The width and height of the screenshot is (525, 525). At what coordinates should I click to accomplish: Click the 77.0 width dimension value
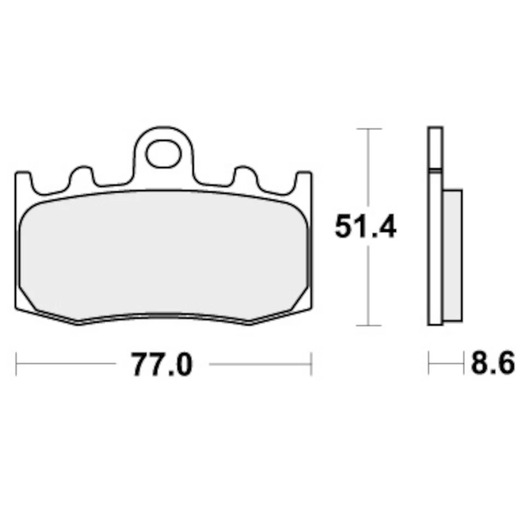click(x=162, y=364)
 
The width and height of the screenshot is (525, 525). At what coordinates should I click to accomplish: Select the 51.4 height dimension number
click(x=365, y=226)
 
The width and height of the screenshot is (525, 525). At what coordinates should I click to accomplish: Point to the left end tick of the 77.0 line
click(x=17, y=364)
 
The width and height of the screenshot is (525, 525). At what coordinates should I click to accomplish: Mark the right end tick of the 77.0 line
click(x=311, y=364)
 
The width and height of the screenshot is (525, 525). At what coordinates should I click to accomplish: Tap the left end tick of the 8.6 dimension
click(x=429, y=364)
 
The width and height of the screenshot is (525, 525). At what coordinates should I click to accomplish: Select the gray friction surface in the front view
click(x=164, y=254)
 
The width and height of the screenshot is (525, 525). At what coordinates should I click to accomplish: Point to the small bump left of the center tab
click(x=80, y=175)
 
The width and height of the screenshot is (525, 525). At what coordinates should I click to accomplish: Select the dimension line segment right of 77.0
click(x=260, y=364)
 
